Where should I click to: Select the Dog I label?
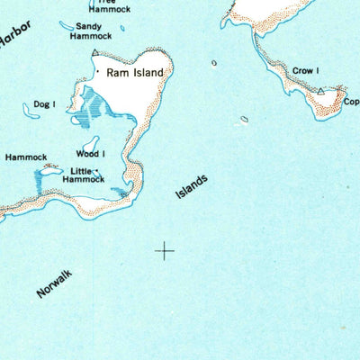[45, 104]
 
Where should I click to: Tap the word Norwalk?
[55, 284]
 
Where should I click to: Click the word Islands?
[192, 186]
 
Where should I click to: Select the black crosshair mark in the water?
[165, 251]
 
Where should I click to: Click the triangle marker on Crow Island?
[321, 90]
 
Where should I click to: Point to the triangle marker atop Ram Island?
[94, 54]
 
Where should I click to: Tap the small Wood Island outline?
[91, 143]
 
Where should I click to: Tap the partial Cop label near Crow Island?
[350, 102]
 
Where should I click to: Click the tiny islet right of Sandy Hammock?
[214, 63]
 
